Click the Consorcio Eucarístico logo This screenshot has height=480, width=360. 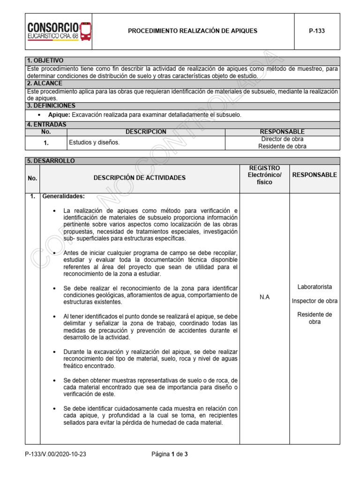tap(59, 31)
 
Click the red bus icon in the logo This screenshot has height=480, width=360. tap(86, 31)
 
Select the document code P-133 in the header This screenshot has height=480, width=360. tap(316, 31)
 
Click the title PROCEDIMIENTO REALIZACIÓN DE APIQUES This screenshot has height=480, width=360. tap(193, 31)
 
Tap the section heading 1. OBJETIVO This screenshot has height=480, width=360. tap(45, 61)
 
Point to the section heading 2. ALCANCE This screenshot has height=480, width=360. tap(45, 83)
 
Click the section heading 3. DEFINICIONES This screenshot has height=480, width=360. tap(51, 106)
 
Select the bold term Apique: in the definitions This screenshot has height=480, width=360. tap(59, 115)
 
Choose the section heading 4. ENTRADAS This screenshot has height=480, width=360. tap(47, 125)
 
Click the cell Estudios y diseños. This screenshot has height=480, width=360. tap(94, 142)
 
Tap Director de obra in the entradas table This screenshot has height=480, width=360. tap(282, 139)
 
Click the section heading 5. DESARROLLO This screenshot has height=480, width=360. tap(51, 161)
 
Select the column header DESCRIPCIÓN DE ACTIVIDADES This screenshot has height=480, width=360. tap(139, 178)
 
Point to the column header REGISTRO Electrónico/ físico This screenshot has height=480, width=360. tap(264, 175)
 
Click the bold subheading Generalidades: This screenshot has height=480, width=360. tap(63, 196)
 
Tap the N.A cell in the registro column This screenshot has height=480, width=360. tap(264, 297)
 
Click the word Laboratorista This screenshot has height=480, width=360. tap(315, 286)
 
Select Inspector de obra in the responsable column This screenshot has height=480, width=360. tap(315, 300)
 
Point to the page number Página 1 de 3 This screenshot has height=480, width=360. tap(170, 454)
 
